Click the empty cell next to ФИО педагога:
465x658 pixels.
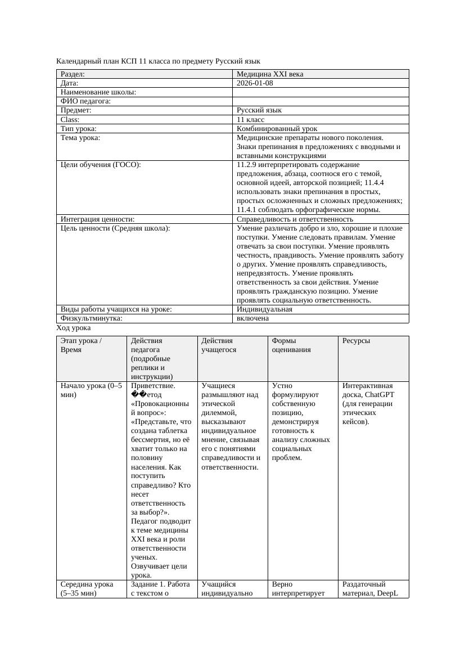tap(320, 101)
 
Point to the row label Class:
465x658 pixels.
tap(70, 120)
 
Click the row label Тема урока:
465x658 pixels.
tap(80, 138)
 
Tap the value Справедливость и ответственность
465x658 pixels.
tap(295, 219)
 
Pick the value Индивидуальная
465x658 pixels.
tap(264, 309)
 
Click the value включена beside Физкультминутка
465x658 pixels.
tap(252, 318)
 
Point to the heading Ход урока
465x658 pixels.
tap(74, 328)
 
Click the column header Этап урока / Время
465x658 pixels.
tap(81, 345)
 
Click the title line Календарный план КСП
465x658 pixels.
tap(158, 61)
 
